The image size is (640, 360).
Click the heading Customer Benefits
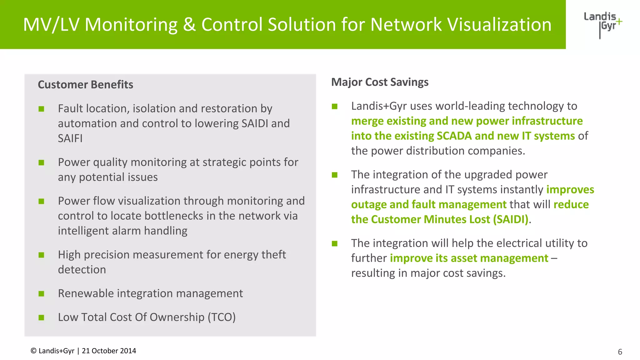pyautogui.click(x=85, y=85)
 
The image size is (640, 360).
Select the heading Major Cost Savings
pyautogui.click(x=380, y=82)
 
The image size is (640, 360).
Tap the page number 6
pyautogui.click(x=620, y=352)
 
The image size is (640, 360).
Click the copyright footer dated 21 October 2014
pyautogui.click(x=83, y=351)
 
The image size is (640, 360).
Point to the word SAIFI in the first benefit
pyautogui.click(x=70, y=138)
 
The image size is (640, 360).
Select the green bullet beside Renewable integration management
pyautogui.click(x=41, y=294)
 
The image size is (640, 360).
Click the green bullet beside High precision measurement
pyautogui.click(x=41, y=255)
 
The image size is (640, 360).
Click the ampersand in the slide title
pyautogui.click(x=189, y=24)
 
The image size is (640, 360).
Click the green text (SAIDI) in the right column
pyautogui.click(x=511, y=219)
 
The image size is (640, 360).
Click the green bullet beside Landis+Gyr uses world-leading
pyautogui.click(x=335, y=107)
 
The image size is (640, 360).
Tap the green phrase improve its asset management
pyautogui.click(x=469, y=258)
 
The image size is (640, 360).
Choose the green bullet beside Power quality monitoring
pyautogui.click(x=41, y=162)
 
